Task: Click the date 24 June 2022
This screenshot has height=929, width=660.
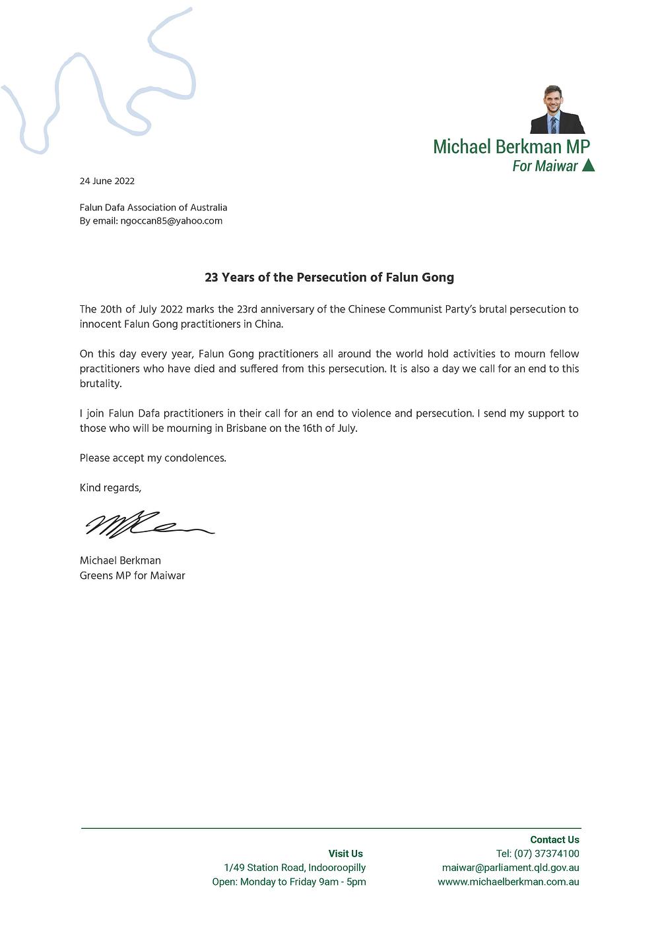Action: (107, 181)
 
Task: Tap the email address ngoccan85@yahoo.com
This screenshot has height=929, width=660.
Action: (171, 221)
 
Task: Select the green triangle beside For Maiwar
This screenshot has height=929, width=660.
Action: (588, 165)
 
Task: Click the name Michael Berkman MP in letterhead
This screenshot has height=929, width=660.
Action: (511, 146)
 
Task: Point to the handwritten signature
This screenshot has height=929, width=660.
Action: (148, 524)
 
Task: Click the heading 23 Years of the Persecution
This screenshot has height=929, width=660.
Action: (329, 278)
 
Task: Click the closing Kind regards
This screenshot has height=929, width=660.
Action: (110, 488)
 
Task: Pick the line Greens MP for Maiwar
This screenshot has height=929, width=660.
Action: (132, 576)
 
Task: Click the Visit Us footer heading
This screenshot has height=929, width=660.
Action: (345, 854)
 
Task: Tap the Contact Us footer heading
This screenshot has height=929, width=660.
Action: (554, 839)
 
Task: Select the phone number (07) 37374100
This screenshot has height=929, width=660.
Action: (546, 854)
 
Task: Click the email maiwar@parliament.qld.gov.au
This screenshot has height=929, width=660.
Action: (510, 868)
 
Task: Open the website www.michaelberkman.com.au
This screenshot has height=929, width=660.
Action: (508, 882)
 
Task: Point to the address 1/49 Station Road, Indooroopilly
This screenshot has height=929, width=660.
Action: (294, 868)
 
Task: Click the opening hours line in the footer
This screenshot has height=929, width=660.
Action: (288, 882)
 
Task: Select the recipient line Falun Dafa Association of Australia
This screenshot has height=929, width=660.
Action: (153, 208)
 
